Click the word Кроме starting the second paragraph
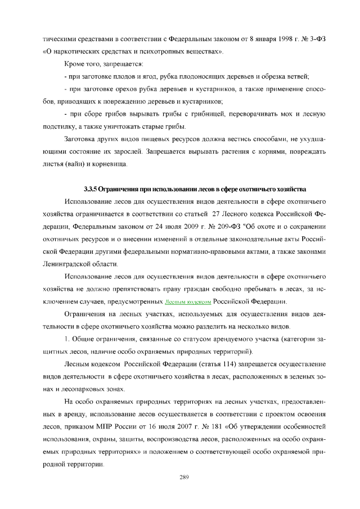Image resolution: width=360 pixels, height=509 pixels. coord(75,64)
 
